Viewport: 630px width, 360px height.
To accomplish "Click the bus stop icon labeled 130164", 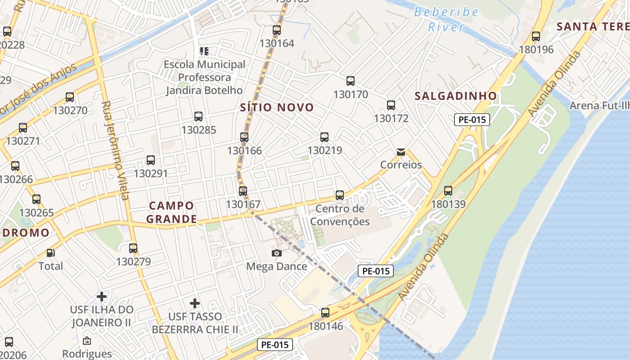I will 277,30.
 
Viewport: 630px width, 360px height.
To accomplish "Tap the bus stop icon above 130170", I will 351,81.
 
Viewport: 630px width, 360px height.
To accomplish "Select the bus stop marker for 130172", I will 391,105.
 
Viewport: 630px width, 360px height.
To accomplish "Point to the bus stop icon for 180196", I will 535,36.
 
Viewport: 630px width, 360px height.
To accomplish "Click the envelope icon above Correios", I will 401,152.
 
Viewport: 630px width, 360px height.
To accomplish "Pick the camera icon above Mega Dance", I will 277,253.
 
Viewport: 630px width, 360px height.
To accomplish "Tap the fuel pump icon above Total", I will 50,253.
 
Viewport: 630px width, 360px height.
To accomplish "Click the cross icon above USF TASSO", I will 194,303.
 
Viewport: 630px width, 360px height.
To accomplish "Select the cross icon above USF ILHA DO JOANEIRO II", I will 102,297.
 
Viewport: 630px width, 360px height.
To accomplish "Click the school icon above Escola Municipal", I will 204,51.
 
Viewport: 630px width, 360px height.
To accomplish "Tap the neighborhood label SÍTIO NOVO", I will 277,107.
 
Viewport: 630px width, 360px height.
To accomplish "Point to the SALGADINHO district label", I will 455,96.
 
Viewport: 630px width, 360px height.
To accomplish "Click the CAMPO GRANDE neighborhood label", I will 173,212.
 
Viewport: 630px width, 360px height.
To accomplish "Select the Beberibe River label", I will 446,19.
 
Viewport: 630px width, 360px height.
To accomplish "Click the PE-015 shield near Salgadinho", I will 472,120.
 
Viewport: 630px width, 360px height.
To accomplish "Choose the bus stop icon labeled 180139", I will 448,191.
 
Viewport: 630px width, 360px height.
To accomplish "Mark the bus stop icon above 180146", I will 325,313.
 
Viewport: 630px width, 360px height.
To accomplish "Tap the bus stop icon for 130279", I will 133,248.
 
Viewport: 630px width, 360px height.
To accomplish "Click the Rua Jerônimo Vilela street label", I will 115,150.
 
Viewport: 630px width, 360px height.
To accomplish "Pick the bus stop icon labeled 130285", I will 198,117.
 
